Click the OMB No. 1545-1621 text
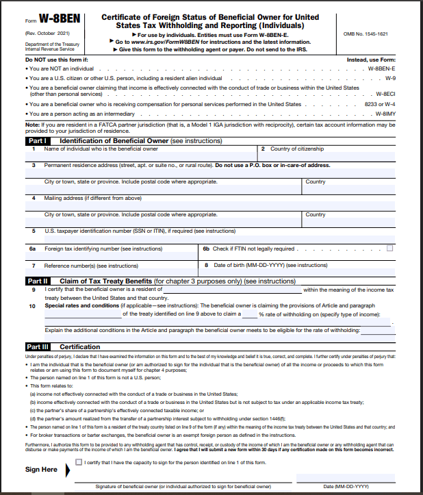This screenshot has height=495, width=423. pyautogui.click(x=370, y=34)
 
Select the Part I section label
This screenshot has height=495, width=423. pyautogui.click(x=36, y=140)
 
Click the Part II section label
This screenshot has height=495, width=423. pyautogui.click(x=37, y=281)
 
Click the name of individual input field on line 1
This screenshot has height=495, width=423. pyautogui.click(x=140, y=157)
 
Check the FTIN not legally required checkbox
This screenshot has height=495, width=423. pyautogui.click(x=389, y=249)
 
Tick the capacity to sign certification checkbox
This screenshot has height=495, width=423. pyautogui.click(x=79, y=462)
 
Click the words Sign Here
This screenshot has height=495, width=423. pyautogui.click(x=41, y=470)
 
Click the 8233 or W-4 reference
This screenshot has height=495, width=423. pyautogui.click(x=377, y=104)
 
